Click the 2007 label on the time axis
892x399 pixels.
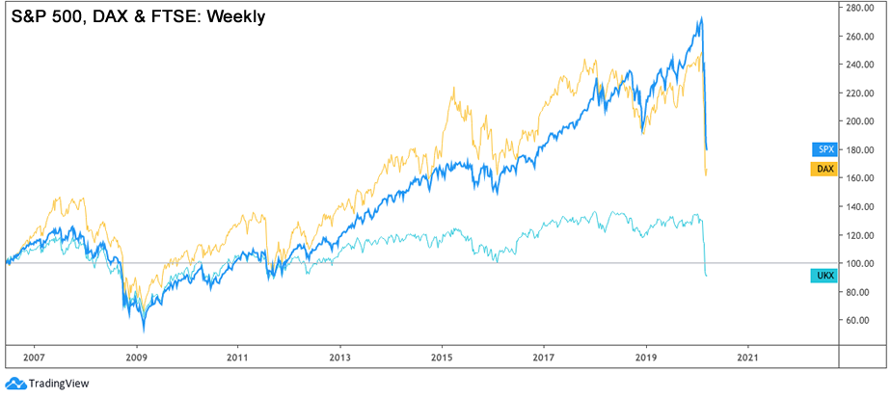(x=34, y=356)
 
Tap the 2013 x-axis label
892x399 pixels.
(x=339, y=356)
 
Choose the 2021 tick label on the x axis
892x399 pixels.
(x=747, y=356)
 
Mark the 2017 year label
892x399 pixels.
(x=544, y=356)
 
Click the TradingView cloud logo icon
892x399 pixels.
(x=14, y=383)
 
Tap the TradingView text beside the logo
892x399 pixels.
(x=59, y=383)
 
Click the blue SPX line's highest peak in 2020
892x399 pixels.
(x=701, y=18)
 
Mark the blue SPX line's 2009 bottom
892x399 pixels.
(x=144, y=330)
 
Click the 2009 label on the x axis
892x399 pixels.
(x=136, y=356)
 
